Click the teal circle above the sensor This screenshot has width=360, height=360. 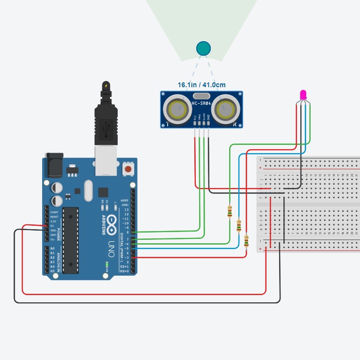tap(203, 48)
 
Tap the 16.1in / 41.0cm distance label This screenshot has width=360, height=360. tap(202, 85)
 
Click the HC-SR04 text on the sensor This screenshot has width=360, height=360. tap(202, 104)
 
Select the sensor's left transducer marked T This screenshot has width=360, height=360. tap(176, 109)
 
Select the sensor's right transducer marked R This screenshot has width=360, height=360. tap(227, 109)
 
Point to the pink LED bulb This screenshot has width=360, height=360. tap(304, 94)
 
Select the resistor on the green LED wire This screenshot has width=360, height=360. tap(229, 211)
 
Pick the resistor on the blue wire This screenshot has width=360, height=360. tap(238, 225)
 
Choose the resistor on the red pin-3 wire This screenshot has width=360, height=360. tap(247, 240)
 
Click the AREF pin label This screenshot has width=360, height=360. tap(125, 200)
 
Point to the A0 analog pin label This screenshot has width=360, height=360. tap(52, 248)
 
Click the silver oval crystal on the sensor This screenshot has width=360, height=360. tap(202, 96)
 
